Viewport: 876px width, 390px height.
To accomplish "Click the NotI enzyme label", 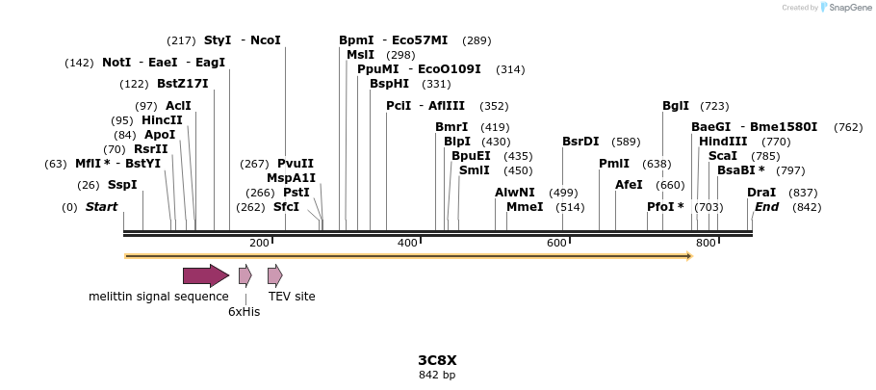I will [x=116, y=63].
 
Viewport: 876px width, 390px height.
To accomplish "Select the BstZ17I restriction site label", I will [x=182, y=84].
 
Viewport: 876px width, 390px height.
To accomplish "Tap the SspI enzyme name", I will [x=122, y=185].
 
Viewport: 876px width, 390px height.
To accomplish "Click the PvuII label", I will [x=296, y=164].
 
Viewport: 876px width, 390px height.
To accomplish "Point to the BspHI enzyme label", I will [x=389, y=84].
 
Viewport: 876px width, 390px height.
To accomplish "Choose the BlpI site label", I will [x=457, y=142].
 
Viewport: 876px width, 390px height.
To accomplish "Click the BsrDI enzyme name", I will [x=580, y=142].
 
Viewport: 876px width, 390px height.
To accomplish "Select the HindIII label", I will [x=723, y=142].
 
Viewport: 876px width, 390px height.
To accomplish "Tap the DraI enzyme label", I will [x=761, y=193].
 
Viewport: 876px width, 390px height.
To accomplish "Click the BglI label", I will [x=676, y=106].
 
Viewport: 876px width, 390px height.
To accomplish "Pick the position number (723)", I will [x=714, y=106].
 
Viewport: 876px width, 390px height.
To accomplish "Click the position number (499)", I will [x=563, y=193].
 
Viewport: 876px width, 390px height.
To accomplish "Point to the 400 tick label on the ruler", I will [x=407, y=243].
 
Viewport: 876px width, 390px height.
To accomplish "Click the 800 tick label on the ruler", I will [x=706, y=243].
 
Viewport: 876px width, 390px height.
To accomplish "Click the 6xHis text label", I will [x=244, y=312].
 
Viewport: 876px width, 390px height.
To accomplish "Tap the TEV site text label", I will [x=292, y=297].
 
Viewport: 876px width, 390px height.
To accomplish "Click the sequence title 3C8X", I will [x=437, y=360].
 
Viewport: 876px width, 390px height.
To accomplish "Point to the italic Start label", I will [x=101, y=207].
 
